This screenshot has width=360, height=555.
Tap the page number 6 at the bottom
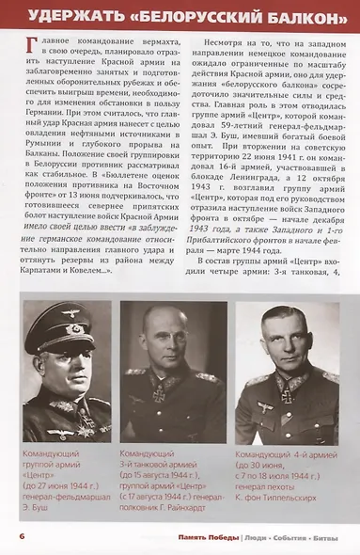pos(22,537)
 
